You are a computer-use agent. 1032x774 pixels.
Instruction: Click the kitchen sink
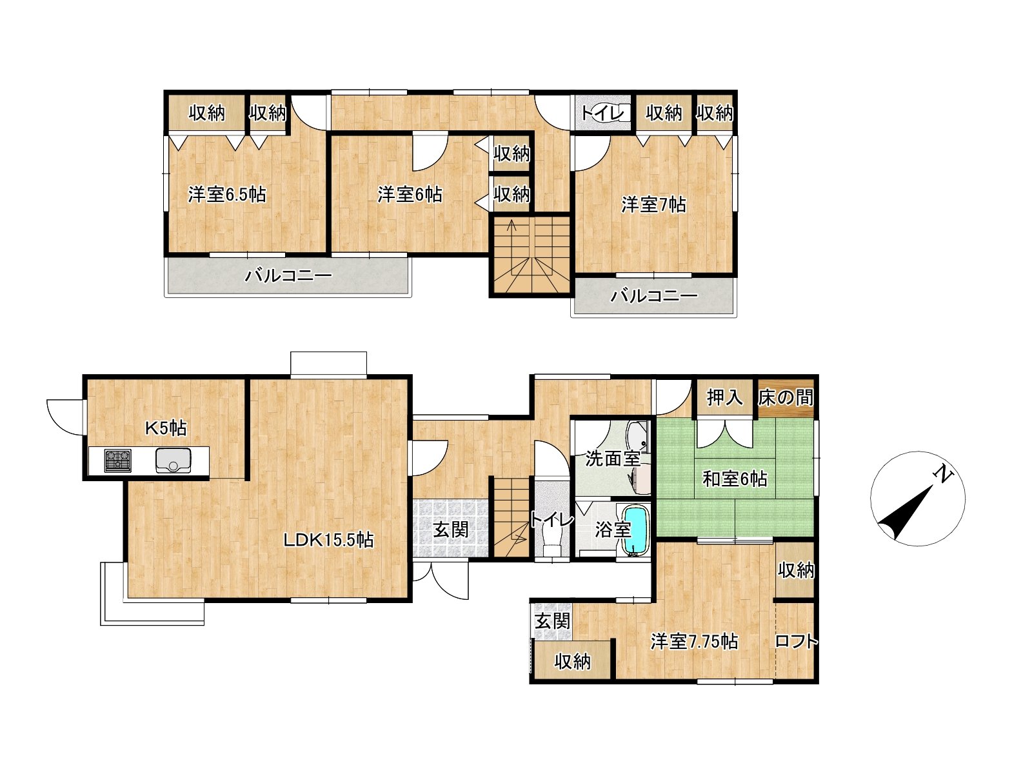pos(174,460)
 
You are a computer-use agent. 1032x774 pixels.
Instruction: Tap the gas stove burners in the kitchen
pos(117,460)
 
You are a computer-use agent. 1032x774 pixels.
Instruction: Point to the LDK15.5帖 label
pos(328,540)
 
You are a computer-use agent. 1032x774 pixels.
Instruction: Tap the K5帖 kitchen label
pos(166,428)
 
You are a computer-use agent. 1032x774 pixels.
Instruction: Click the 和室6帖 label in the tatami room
pos(735,479)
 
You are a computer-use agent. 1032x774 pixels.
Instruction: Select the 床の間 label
pos(785,398)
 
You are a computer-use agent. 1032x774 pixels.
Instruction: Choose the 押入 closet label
pos(725,398)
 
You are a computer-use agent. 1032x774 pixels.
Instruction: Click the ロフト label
pos(795,642)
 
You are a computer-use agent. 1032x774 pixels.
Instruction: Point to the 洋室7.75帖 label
pos(694,642)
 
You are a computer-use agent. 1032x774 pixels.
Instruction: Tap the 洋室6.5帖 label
pos(227,195)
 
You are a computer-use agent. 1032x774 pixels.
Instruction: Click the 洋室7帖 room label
pos(653,205)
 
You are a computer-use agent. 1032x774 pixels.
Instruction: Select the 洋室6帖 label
pos(410,195)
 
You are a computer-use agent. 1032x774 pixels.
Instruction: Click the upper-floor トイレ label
pos(603,114)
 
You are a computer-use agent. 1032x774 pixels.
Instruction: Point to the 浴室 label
pos(613,530)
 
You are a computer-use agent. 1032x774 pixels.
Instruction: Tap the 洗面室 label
pos(613,458)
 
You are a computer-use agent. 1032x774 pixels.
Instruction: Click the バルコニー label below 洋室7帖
pos(654,296)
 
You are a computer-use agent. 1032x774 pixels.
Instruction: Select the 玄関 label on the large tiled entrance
pos(451,530)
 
